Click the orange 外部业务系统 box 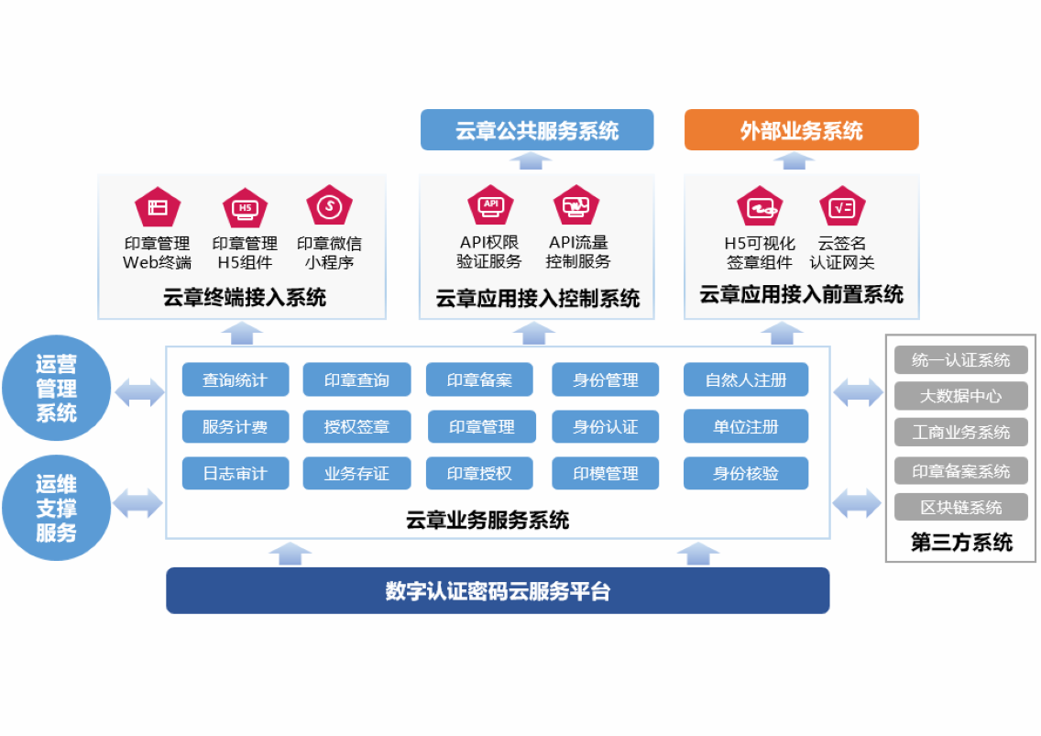[801, 130]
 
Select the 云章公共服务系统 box [537, 130]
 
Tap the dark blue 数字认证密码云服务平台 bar [498, 590]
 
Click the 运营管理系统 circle [57, 389]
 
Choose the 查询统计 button [236, 379]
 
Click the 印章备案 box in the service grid [479, 379]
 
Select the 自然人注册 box [746, 379]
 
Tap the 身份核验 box [746, 473]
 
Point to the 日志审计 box [236, 473]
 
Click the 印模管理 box [606, 473]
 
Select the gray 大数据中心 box [960, 396]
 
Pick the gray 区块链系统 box [960, 507]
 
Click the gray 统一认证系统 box [960, 360]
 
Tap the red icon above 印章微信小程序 [329, 206]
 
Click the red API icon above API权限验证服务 [490, 205]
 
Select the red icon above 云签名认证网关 [842, 206]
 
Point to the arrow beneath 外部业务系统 [794, 160]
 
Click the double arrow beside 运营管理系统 [138, 392]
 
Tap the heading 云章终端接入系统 [245, 297]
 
